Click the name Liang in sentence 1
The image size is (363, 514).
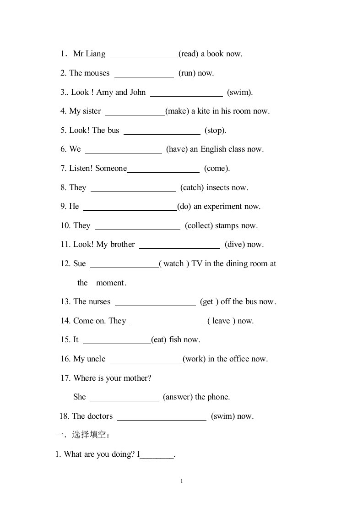coord(96,54)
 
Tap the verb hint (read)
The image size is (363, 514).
coord(188,54)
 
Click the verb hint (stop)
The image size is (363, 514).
coord(215,131)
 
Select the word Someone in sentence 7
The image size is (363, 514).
coord(111,169)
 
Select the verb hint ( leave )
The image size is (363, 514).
coord(221,321)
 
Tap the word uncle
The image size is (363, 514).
coord(96,359)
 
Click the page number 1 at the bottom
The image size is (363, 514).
coord(182,481)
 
